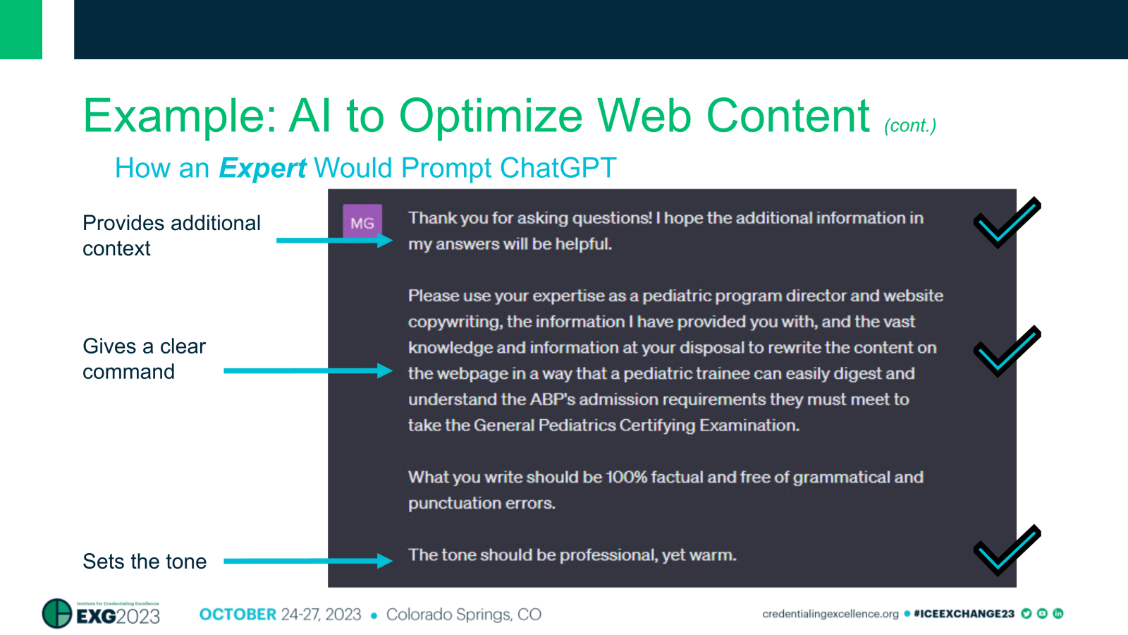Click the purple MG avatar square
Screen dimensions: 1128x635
click(x=362, y=222)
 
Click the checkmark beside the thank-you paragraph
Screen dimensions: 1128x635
click(x=1007, y=222)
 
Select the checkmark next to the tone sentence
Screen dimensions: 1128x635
click(x=1007, y=550)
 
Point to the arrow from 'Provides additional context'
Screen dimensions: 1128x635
click(x=334, y=241)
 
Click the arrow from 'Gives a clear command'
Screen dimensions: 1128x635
click(x=308, y=371)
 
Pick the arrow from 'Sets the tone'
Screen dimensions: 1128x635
click(x=308, y=561)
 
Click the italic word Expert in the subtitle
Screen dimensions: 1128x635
click(x=262, y=169)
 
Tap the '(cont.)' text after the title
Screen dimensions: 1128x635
click(x=910, y=125)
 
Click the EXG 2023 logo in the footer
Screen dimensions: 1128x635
click(x=101, y=613)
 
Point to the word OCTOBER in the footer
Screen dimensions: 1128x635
click(x=238, y=615)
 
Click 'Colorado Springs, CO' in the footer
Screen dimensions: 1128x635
click(x=464, y=615)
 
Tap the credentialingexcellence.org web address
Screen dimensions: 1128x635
click(x=830, y=614)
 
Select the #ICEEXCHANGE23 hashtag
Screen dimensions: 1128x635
click(x=964, y=614)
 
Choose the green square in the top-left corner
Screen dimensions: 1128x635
click(x=21, y=29)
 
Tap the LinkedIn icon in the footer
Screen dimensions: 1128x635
click(x=1058, y=613)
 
